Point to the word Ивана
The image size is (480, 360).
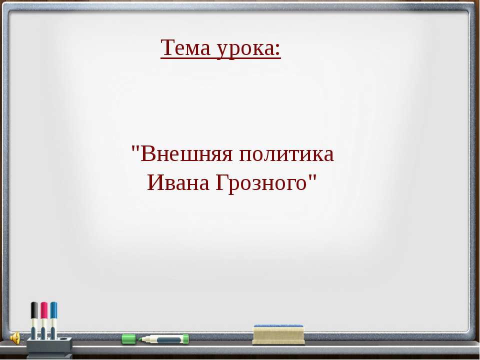[x=178, y=183]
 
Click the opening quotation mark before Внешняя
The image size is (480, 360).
[x=135, y=149]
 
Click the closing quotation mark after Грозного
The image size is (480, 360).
[x=313, y=178]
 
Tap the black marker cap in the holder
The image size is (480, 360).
[x=34, y=310]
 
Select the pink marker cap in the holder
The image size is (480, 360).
[x=44, y=310]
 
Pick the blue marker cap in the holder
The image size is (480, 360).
[x=53, y=310]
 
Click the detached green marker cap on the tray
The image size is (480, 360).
[x=129, y=339]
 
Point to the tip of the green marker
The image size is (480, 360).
[x=142, y=339]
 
